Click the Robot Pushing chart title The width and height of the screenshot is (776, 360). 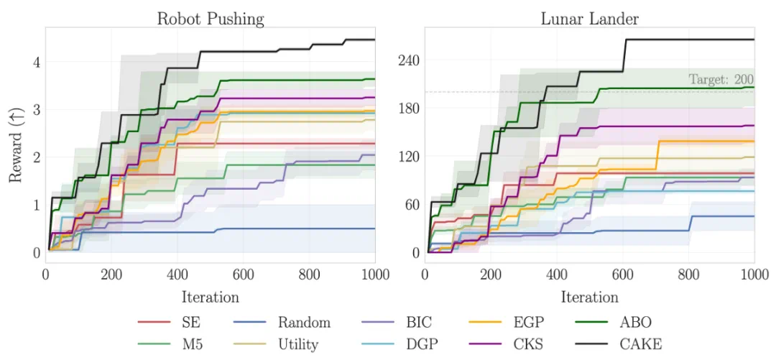pyautogui.click(x=211, y=18)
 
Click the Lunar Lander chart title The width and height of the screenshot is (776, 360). pyautogui.click(x=588, y=18)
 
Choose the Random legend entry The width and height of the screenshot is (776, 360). pyautogui.click(x=305, y=323)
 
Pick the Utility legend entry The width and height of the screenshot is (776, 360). pyautogui.click(x=298, y=344)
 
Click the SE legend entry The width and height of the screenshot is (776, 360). pyautogui.click(x=183, y=323)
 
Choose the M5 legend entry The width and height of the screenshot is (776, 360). pyautogui.click(x=185, y=344)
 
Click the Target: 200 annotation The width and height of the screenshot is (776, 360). pyautogui.click(x=721, y=80)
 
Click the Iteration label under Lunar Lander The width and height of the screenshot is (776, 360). pyautogui.click(x=588, y=296)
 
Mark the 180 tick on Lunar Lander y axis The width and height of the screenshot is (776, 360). pyautogui.click(x=408, y=109)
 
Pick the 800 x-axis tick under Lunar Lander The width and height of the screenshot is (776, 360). pyautogui.click(x=688, y=274)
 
